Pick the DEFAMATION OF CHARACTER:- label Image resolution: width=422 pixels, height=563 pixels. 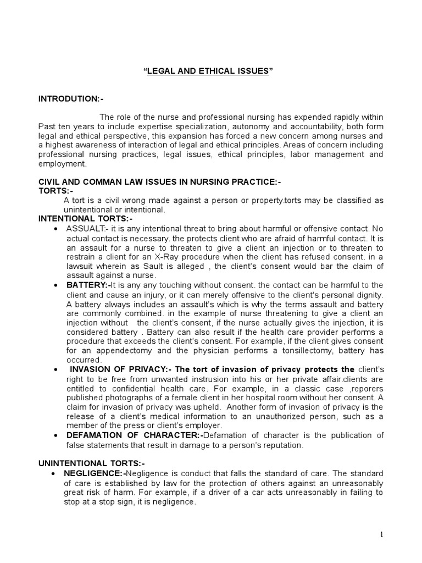(x=135, y=435)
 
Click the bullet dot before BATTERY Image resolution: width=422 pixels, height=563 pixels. (x=57, y=285)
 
